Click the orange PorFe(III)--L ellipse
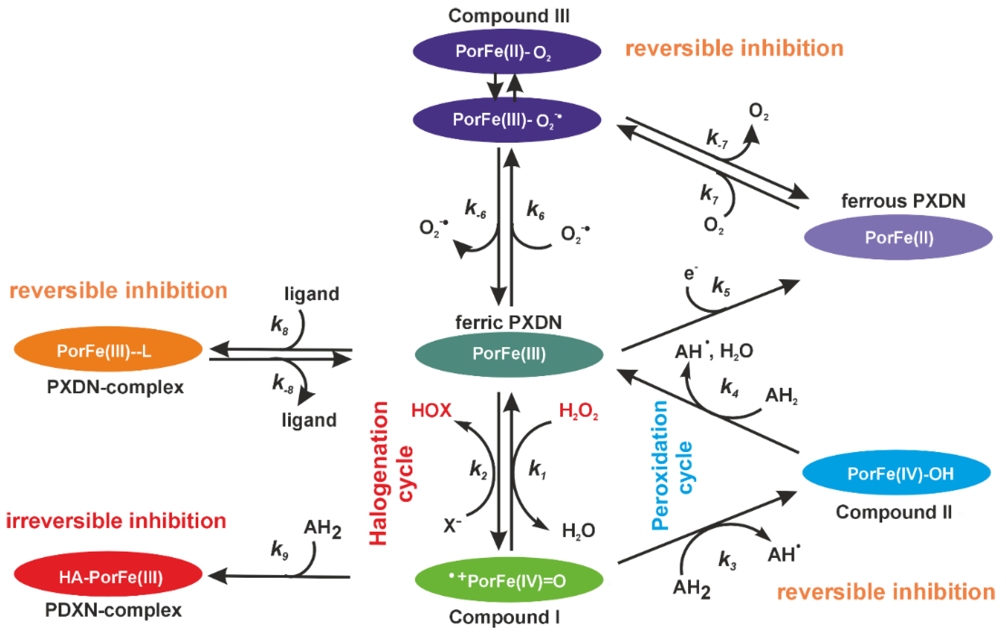108,349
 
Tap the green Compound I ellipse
509,580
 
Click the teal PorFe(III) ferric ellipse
509,354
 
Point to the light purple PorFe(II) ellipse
898,237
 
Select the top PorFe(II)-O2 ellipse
506,51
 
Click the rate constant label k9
279,550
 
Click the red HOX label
431,411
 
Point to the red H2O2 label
578,412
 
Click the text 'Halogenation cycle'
391,473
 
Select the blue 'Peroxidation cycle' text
673,466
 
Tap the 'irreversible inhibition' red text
116,521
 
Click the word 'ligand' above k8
312,294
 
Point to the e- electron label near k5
690,274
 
